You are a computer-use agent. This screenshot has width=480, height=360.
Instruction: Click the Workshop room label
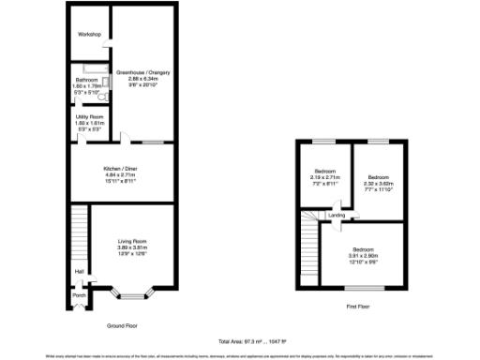(x=89, y=35)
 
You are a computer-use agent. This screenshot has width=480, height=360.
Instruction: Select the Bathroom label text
(x=88, y=81)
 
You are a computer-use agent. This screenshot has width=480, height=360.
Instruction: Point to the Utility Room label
(x=89, y=116)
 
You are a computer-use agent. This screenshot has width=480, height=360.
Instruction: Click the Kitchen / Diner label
(x=120, y=169)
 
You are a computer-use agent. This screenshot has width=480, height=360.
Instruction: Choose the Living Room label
(x=132, y=239)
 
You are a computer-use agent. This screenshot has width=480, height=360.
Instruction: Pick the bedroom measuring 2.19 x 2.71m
(x=323, y=172)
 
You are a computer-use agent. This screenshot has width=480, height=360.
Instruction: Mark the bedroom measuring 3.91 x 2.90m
(x=363, y=248)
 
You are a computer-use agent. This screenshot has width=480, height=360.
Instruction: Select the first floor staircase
(x=308, y=240)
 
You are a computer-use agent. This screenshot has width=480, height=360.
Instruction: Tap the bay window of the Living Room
(x=132, y=295)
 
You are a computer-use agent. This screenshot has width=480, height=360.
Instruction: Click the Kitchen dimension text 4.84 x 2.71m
(x=120, y=175)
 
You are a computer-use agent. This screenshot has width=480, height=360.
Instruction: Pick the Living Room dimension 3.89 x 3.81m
(x=132, y=247)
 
